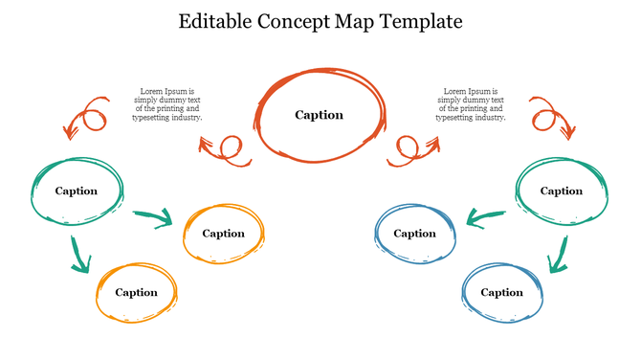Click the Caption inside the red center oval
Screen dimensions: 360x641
point(319,115)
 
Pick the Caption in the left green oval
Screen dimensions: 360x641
point(77,191)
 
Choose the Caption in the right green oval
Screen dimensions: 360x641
point(562,191)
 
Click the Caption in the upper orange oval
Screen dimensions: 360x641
point(223,233)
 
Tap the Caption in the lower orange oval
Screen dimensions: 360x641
point(136,292)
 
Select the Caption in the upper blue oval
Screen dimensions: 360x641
point(414,233)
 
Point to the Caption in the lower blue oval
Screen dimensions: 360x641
point(502,292)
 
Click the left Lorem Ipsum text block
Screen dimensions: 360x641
point(167,104)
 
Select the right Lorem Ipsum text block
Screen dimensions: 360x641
point(471,104)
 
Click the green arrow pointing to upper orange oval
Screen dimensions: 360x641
point(152,218)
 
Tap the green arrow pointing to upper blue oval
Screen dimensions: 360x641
point(486,219)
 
